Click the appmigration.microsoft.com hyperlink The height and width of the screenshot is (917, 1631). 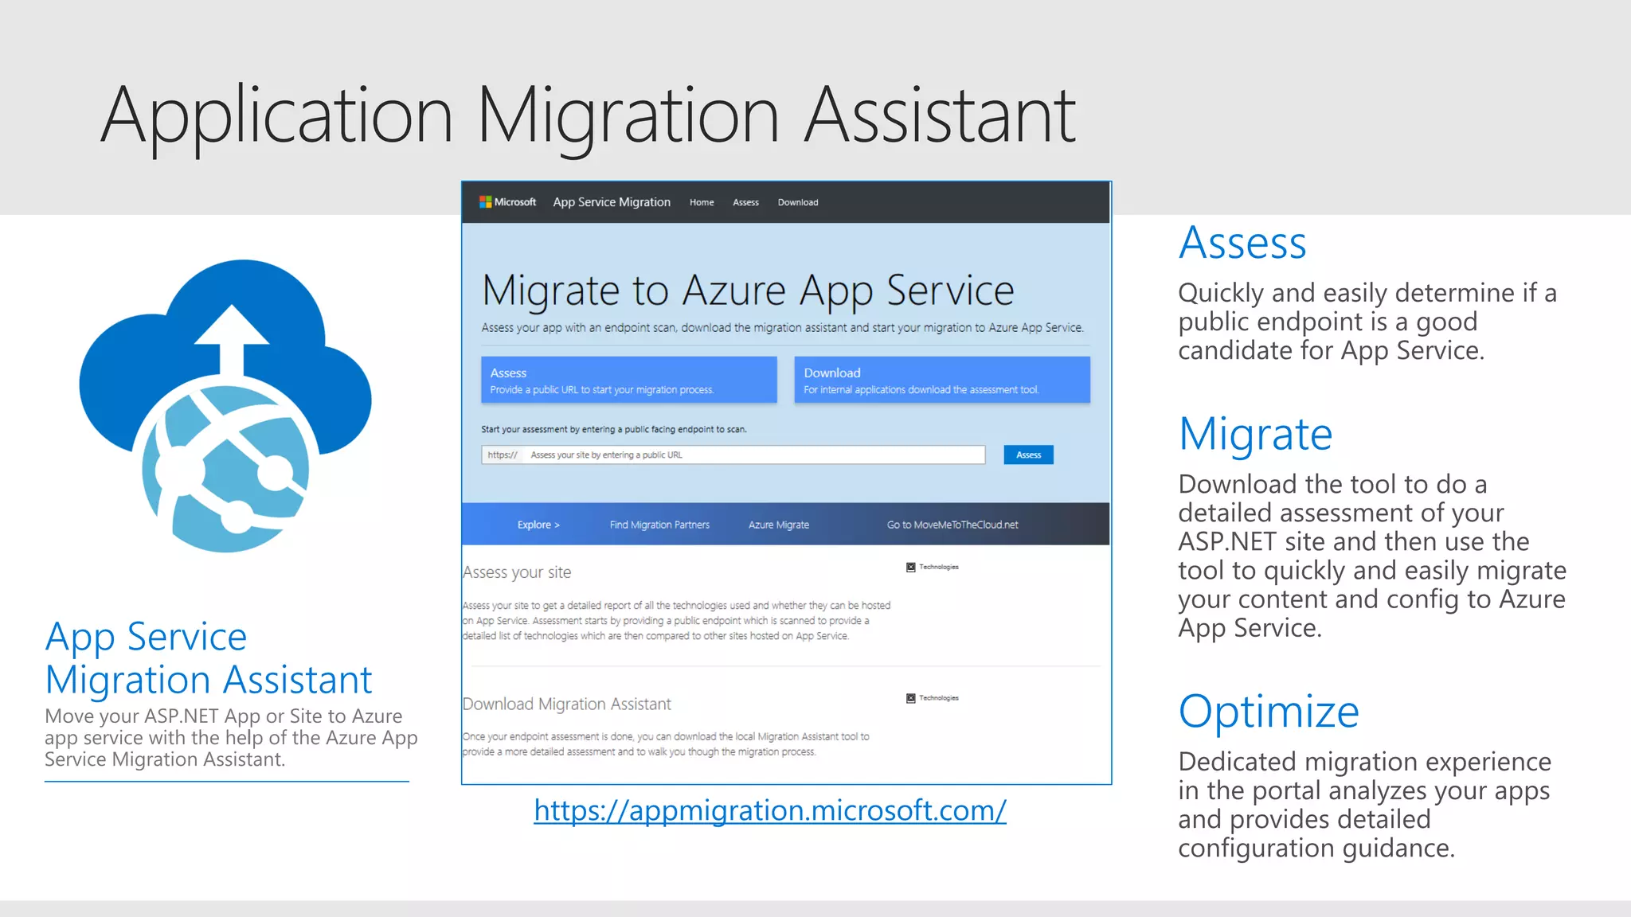click(x=769, y=810)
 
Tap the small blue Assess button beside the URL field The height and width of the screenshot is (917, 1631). click(x=1028, y=455)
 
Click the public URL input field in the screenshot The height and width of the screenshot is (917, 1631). click(x=733, y=455)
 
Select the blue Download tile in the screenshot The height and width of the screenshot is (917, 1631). click(x=941, y=380)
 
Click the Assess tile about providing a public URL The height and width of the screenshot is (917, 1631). click(x=628, y=380)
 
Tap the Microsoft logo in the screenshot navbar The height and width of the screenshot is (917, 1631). click(x=507, y=202)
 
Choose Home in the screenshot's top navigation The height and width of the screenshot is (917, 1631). click(x=702, y=202)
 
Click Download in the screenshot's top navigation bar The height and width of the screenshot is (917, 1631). click(x=797, y=202)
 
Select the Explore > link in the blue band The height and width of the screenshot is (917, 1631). click(x=538, y=525)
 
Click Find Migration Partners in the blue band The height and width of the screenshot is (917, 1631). click(x=659, y=525)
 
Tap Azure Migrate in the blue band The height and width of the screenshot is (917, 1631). click(x=778, y=525)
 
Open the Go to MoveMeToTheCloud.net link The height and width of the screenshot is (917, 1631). click(x=952, y=525)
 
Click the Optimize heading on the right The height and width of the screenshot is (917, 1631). click(x=1268, y=711)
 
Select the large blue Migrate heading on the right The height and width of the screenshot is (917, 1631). click(x=1255, y=435)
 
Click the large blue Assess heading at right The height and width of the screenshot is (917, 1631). click(x=1242, y=243)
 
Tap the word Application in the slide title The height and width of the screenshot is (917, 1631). click(x=277, y=116)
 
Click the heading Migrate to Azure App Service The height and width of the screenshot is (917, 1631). click(x=748, y=291)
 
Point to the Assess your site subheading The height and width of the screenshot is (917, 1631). click(x=517, y=572)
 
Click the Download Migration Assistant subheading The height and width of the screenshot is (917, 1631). click(x=566, y=704)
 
